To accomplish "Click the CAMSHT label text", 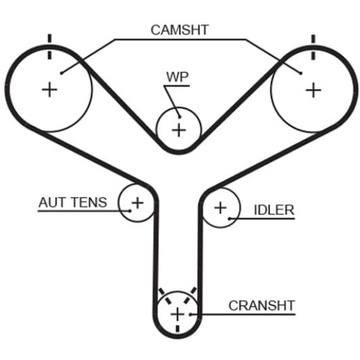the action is coord(179,30).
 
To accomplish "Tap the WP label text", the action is coord(177,77).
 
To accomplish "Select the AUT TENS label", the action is coord(73,202).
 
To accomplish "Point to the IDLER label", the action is coord(274,210).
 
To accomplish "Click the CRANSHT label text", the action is coord(262,306).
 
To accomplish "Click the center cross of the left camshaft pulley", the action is coord(49,89).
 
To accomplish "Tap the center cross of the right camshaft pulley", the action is coord(313,90).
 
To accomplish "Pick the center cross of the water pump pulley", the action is coord(179,130).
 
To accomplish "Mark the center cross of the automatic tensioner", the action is coord(137,203).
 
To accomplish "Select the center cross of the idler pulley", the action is coord(221,208).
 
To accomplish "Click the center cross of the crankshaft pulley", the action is coord(177,314).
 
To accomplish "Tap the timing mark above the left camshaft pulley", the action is coord(49,47).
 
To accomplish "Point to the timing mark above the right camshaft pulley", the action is coord(313,47).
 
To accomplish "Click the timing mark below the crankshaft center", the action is coord(177,329).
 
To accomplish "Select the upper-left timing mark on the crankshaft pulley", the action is coord(165,296).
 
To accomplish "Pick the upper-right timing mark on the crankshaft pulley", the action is coord(191,295).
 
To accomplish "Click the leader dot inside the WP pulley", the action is coord(180,117).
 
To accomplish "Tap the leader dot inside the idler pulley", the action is coord(229,219).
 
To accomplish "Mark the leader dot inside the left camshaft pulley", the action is coord(62,73).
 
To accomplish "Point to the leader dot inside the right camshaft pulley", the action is coord(300,73).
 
